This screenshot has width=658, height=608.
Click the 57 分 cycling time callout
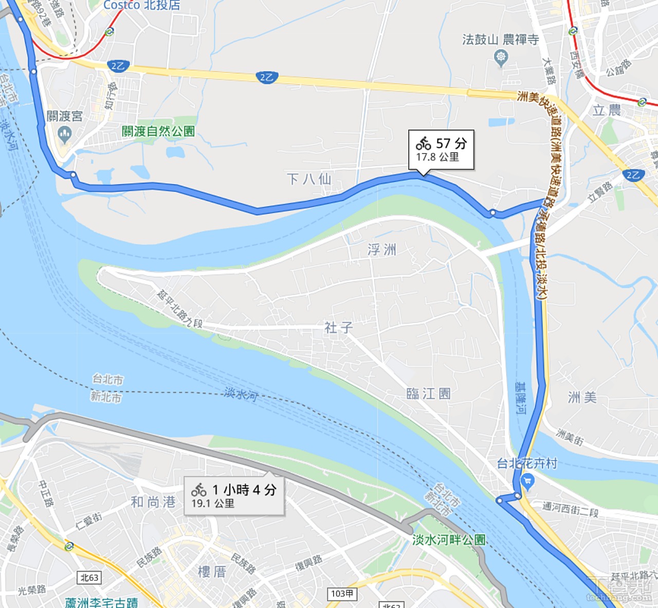(x=441, y=149)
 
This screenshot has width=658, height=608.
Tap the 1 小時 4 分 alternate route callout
(x=234, y=496)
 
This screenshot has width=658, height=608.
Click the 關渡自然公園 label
(x=158, y=131)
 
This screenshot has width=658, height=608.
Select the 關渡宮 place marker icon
(x=64, y=135)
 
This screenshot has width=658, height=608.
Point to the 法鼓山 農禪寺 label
(x=500, y=40)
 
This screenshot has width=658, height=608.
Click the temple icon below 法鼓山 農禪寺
(x=501, y=57)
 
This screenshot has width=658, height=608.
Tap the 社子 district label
(x=338, y=328)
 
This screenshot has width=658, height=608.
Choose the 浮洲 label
(x=382, y=250)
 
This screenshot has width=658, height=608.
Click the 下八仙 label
(x=309, y=179)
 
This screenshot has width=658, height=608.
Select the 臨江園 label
(x=428, y=394)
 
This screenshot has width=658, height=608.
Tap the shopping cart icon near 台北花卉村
(x=527, y=482)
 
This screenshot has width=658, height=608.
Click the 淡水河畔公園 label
(x=449, y=540)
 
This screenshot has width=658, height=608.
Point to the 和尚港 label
(x=153, y=502)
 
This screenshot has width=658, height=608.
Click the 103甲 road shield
(x=342, y=594)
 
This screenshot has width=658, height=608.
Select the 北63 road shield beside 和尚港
(x=89, y=578)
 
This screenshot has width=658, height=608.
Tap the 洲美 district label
(x=582, y=397)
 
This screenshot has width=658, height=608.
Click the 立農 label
(x=607, y=110)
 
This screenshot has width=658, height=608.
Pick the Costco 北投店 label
(x=142, y=5)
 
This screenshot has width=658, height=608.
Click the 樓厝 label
(x=212, y=572)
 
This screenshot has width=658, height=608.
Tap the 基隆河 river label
(x=521, y=398)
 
